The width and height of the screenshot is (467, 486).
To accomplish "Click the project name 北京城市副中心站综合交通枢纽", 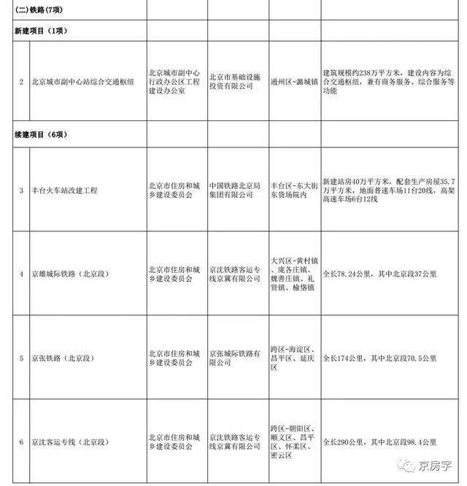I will pyautogui.click(x=82, y=81).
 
